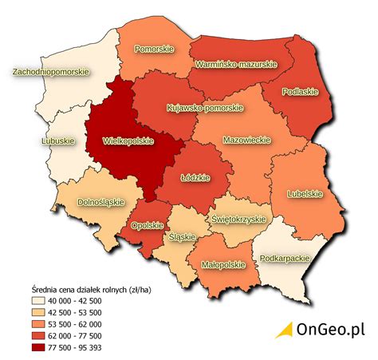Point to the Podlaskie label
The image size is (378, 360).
pyautogui.click(x=300, y=92)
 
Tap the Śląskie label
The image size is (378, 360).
pyautogui.click(x=182, y=236)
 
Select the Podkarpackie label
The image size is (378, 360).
pyautogui.click(x=285, y=259)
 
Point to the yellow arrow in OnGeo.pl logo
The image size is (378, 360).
pyautogui.click(x=285, y=330)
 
